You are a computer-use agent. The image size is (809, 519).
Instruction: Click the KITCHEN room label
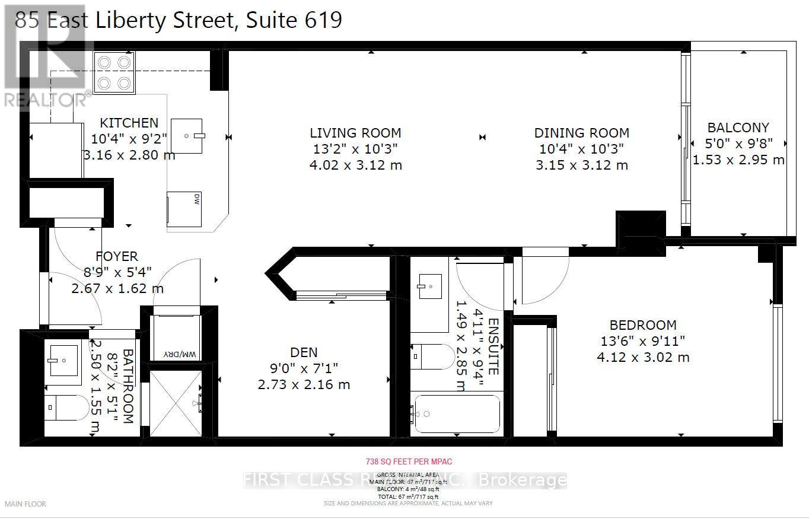129,123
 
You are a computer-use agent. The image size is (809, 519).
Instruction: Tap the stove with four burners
114,72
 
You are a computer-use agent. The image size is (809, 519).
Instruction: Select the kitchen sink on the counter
187,136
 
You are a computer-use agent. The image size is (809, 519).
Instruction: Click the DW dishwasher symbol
184,209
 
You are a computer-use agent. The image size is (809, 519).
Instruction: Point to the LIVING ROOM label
355,133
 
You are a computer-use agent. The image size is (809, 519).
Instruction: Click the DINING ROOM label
581,133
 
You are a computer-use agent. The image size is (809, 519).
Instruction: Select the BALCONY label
738,128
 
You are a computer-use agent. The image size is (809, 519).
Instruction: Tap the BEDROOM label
643,325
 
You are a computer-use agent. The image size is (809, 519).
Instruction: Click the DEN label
304,352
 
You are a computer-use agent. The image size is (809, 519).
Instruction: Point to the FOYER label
117,256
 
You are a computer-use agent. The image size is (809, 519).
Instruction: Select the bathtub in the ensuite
456,413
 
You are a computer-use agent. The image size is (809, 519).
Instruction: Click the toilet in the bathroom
66,407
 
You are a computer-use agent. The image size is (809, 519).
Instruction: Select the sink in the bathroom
63,360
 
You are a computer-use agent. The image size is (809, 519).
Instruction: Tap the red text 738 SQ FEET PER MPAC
404,461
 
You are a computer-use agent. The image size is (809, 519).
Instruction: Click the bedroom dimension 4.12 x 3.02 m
643,357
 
